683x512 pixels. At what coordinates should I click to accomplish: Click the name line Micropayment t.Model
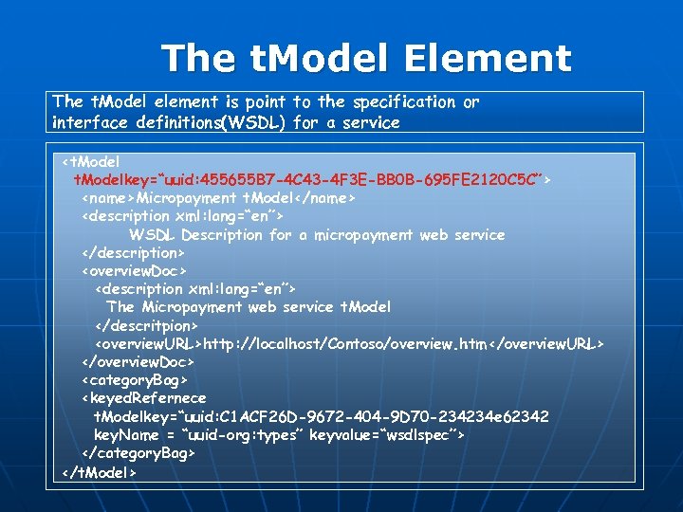218,198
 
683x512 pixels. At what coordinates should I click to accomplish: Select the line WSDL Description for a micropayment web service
317,234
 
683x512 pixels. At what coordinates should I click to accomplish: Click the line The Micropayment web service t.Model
249,306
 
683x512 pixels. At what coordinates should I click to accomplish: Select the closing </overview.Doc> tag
138,361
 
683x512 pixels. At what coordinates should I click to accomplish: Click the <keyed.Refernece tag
143,397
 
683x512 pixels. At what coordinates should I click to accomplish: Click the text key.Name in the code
129,434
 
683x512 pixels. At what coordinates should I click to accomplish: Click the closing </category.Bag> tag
138,453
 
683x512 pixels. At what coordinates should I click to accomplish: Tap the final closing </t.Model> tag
100,471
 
